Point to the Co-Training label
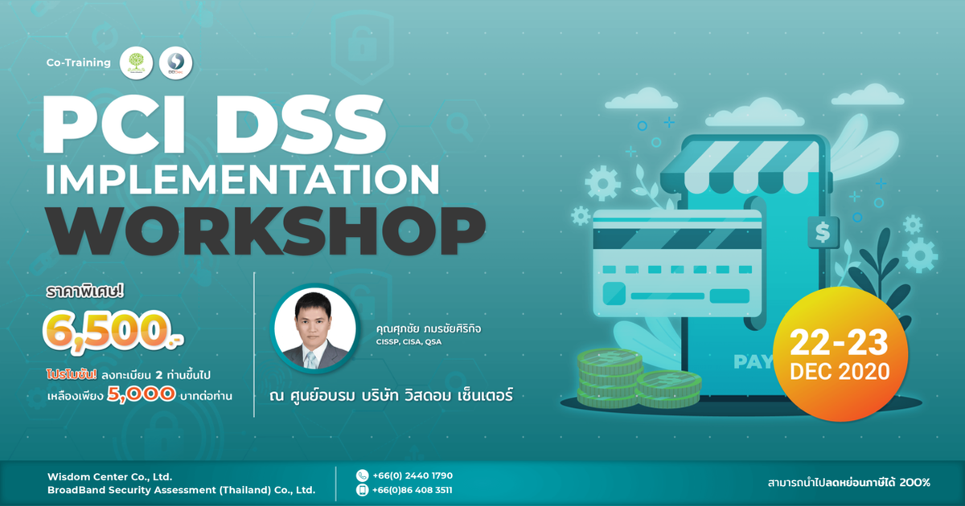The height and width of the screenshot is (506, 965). pyautogui.click(x=79, y=62)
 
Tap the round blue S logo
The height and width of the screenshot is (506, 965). pyautogui.click(x=175, y=62)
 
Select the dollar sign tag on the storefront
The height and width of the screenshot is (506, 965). pyautogui.click(x=822, y=233)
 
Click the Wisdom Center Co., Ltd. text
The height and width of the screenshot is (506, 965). pyautogui.click(x=109, y=475)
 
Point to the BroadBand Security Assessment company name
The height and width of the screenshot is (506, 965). pyautogui.click(x=181, y=490)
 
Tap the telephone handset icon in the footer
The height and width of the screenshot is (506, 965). pyautogui.click(x=362, y=475)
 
